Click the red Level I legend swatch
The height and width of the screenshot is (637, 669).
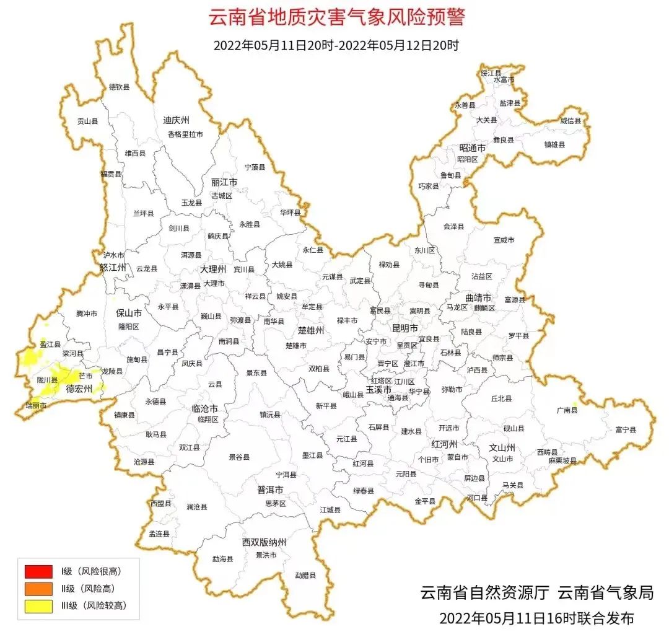pyautogui.click(x=38, y=571)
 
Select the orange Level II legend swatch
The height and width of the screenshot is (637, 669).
pyautogui.click(x=38, y=589)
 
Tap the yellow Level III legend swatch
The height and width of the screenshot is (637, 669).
pyautogui.click(x=38, y=606)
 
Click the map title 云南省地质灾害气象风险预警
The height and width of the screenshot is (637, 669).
pyautogui.click(x=336, y=17)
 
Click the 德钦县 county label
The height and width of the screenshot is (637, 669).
pyautogui.click(x=120, y=87)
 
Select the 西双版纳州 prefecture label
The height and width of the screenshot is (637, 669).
pyautogui.click(x=265, y=543)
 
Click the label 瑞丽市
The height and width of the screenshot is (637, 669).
pyautogui.click(x=36, y=405)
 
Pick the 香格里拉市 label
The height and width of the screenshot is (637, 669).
pyautogui.click(x=185, y=134)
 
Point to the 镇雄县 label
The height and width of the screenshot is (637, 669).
pyautogui.click(x=554, y=144)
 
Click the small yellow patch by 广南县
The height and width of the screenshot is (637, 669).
pyautogui.click(x=574, y=405)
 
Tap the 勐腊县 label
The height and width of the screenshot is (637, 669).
pyautogui.click(x=305, y=575)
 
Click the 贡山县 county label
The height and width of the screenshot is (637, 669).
pyautogui.click(x=87, y=122)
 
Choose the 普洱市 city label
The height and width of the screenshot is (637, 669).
pyautogui.click(x=270, y=490)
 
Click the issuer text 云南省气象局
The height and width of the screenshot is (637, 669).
pyautogui.click(x=605, y=593)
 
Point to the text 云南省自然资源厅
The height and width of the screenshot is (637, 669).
pyautogui.click(x=484, y=593)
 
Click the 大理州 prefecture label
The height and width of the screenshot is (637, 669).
pyautogui.click(x=213, y=270)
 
